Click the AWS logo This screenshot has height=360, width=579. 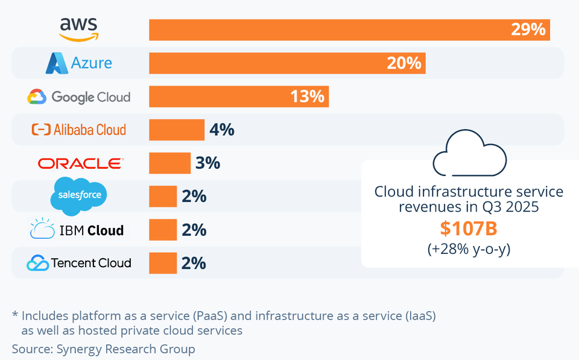point(78,29)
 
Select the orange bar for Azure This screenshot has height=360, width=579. point(287,63)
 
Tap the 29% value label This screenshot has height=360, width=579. point(528,29)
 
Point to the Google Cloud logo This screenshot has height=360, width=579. point(79,96)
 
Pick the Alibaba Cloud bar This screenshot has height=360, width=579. point(177,130)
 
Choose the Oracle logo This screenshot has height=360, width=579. point(80,163)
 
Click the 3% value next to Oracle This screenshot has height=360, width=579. point(207,163)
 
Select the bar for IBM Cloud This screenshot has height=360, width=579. point(163,230)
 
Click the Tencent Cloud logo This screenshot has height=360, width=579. point(79,263)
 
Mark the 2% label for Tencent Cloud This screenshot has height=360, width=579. point(194,263)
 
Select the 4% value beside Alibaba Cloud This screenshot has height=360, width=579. point(221,130)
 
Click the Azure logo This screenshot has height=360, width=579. point(79,63)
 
